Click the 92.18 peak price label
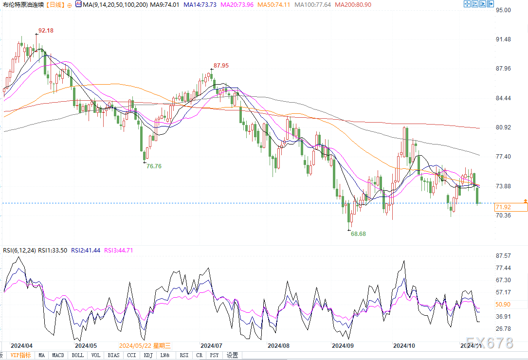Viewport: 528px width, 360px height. click(x=46, y=30)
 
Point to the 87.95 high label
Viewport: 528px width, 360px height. click(x=221, y=65)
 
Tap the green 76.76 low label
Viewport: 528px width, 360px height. click(x=154, y=166)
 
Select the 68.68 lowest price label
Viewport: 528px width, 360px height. click(x=358, y=234)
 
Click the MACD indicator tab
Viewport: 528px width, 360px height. click(x=58, y=355)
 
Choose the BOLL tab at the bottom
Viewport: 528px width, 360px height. click(x=77, y=355)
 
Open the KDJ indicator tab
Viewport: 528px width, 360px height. click(x=148, y=355)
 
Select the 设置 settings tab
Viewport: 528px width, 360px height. click(x=232, y=355)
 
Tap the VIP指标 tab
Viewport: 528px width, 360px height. click(x=21, y=355)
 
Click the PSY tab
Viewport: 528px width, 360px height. click(x=215, y=355)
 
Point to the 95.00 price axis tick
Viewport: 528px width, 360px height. click(x=503, y=10)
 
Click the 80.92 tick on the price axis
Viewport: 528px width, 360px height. click(x=503, y=127)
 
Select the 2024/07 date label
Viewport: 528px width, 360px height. click(x=211, y=345)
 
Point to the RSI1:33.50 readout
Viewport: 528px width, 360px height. click(x=53, y=251)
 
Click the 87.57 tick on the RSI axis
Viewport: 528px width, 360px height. click(x=503, y=256)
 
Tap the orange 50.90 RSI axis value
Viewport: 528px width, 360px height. click(x=503, y=305)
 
